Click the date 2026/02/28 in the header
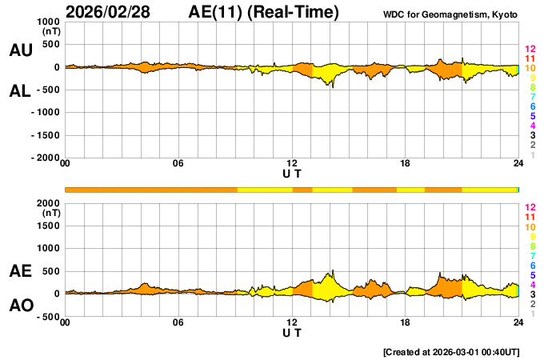[115, 12]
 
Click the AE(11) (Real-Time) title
[264, 12]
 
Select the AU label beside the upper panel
[20, 50]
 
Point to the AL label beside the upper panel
[20, 91]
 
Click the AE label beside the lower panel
[20, 271]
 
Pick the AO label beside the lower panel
[20, 306]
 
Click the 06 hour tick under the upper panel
[178, 164]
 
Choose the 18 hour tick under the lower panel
[406, 322]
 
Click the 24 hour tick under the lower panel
[518, 322]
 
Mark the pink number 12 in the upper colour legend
[529, 50]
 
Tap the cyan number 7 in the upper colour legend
[532, 97]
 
